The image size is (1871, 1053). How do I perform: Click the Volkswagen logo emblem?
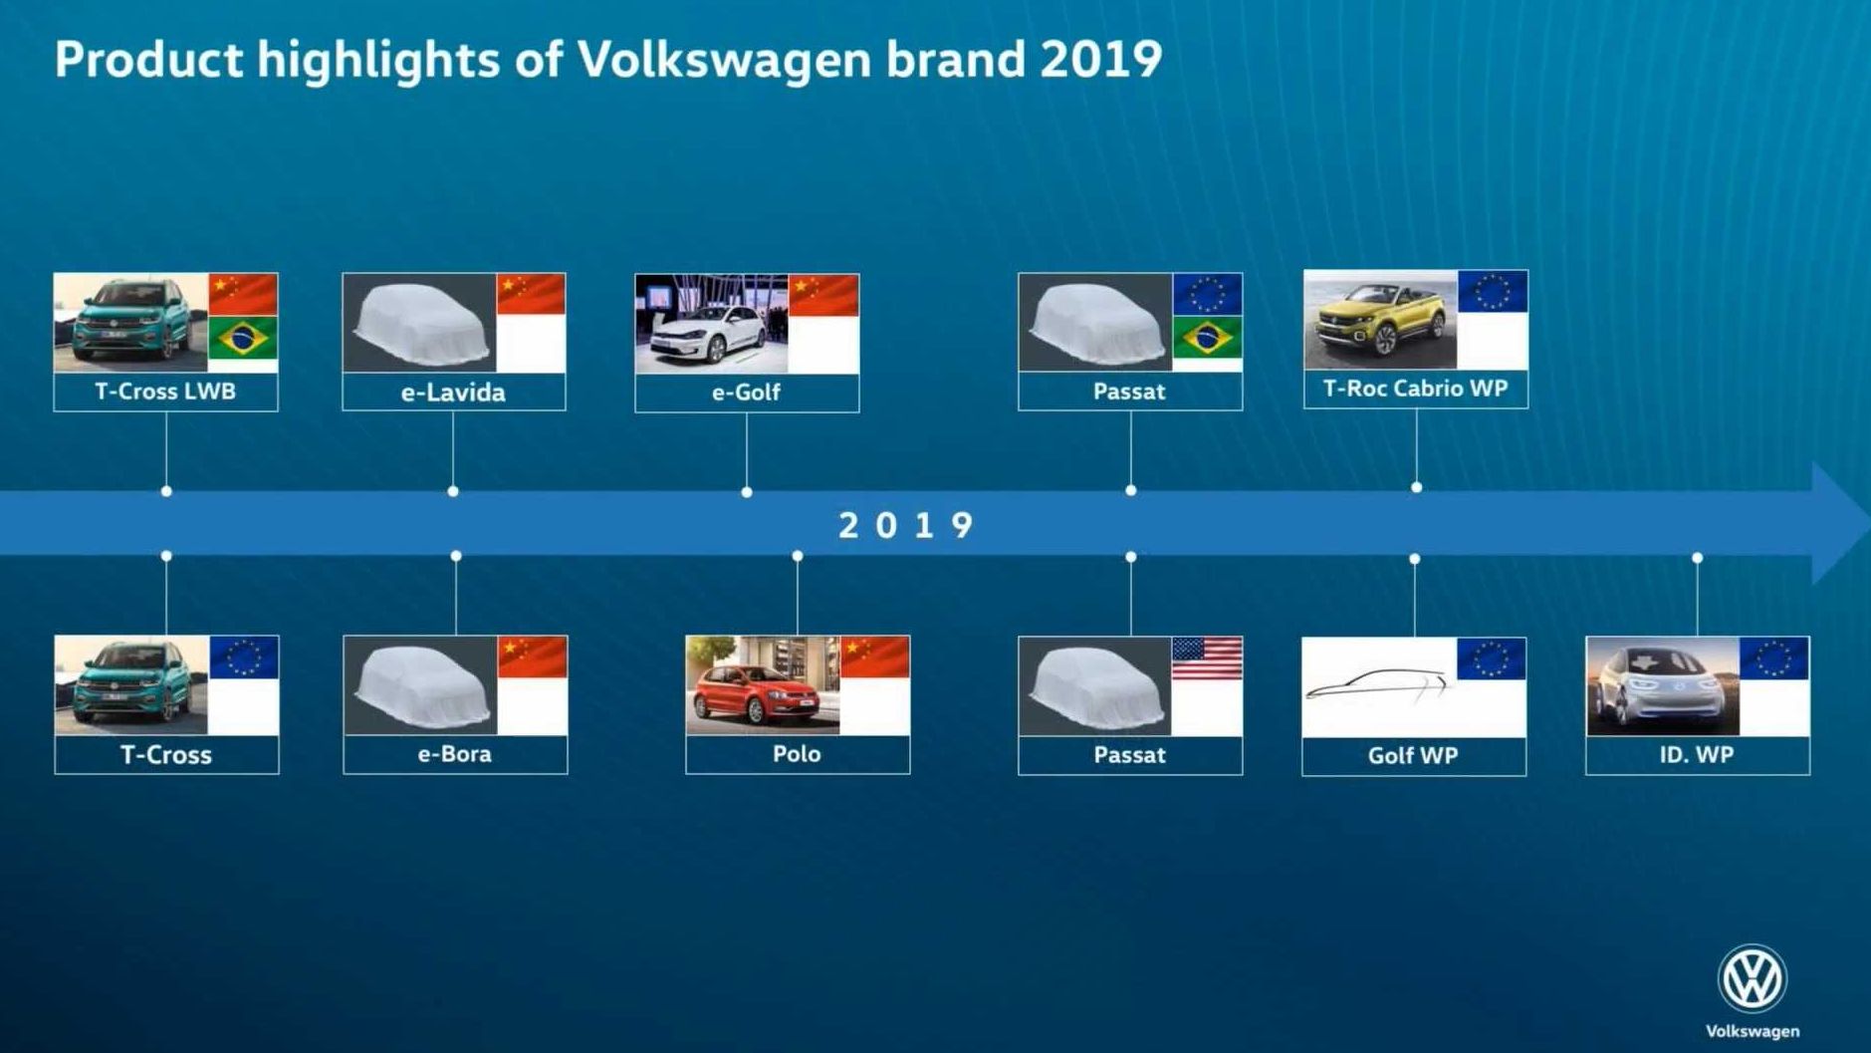pos(1752,978)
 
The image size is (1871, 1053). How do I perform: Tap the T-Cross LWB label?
pos(165,392)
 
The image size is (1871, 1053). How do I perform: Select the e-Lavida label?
pos(453,393)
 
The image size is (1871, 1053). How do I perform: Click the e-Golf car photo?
pos(712,324)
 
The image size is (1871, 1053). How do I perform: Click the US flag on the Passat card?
pos(1207,658)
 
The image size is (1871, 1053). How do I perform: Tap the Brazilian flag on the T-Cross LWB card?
pos(243,339)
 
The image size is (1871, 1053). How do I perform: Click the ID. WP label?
pos(1697,755)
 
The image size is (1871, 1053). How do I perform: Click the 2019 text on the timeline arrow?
pos(905,525)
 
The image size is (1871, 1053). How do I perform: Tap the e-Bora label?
pos(455,754)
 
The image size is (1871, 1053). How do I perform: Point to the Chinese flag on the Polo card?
pos(874,658)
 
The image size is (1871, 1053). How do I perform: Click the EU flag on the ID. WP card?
pos(1774,658)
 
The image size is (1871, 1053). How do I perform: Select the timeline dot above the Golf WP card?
pos(1414,559)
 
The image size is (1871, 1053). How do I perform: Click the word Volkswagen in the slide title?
pos(725,60)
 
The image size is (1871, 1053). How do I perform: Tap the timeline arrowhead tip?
pos(1868,523)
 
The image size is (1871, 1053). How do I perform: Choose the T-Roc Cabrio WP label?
pos(1415,389)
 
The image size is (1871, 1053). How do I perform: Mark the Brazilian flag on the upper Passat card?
pos(1207,339)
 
